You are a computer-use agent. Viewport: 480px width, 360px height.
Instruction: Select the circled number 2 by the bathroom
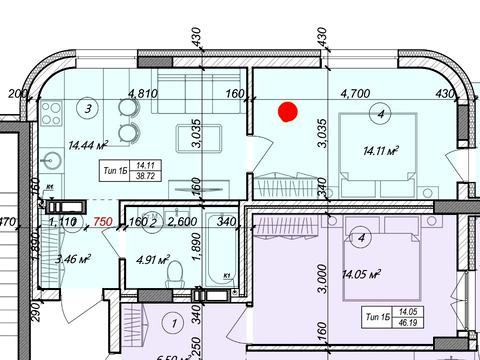[x=153, y=222]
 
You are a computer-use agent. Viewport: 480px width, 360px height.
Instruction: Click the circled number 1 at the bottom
[x=173, y=323]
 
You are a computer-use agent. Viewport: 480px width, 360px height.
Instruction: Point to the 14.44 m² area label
[x=87, y=144]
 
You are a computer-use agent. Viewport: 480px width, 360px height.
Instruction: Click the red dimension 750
[x=101, y=223]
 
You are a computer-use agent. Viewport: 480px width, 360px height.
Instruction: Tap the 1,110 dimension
[x=63, y=223]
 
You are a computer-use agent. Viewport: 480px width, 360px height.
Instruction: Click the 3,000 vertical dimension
[x=321, y=262]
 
